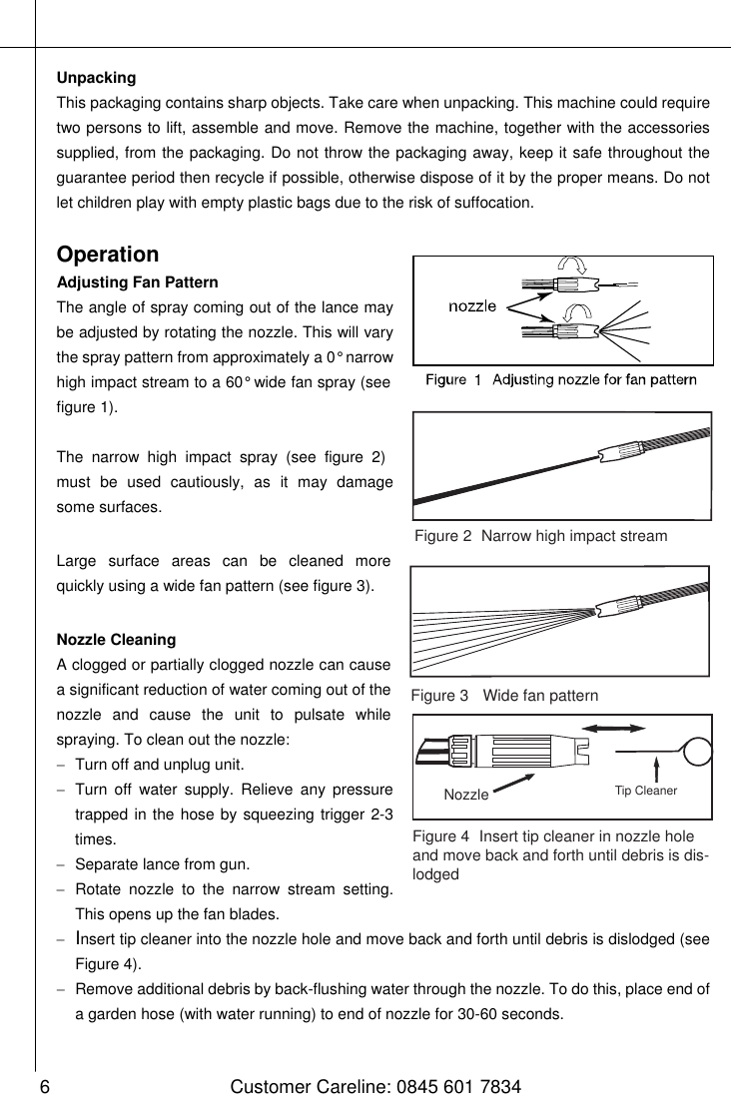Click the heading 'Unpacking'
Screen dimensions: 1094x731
click(x=96, y=78)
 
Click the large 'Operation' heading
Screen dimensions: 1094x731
click(x=108, y=255)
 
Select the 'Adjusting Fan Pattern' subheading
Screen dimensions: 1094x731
click(x=137, y=282)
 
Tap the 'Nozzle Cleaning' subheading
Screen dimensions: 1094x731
click(x=116, y=639)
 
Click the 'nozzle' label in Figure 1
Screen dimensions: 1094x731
click(x=472, y=306)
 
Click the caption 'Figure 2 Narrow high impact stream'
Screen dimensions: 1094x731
click(x=540, y=537)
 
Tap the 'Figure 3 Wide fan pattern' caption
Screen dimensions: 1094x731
click(x=504, y=695)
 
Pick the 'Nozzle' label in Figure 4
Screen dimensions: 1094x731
click(x=466, y=795)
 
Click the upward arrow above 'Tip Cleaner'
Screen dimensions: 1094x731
click(x=657, y=769)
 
